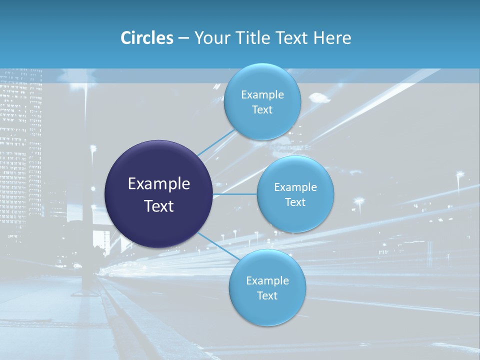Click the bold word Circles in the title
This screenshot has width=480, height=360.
tap(146, 38)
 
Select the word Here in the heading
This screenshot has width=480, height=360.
tap(332, 38)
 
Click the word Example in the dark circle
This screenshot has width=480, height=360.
tap(159, 184)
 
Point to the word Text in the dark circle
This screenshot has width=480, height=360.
tap(159, 206)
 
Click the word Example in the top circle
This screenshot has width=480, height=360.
tap(262, 95)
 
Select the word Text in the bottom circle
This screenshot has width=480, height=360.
tap(267, 295)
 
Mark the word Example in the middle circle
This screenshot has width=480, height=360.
tap(295, 187)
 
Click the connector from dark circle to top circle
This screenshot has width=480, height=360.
tap(216, 142)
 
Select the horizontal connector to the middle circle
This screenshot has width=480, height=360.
tap(234, 193)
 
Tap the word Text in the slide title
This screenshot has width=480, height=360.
tap(292, 38)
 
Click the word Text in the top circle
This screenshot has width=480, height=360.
tap(262, 110)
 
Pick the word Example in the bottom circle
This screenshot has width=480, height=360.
tap(267, 280)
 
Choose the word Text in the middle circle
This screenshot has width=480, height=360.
tap(295, 202)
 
